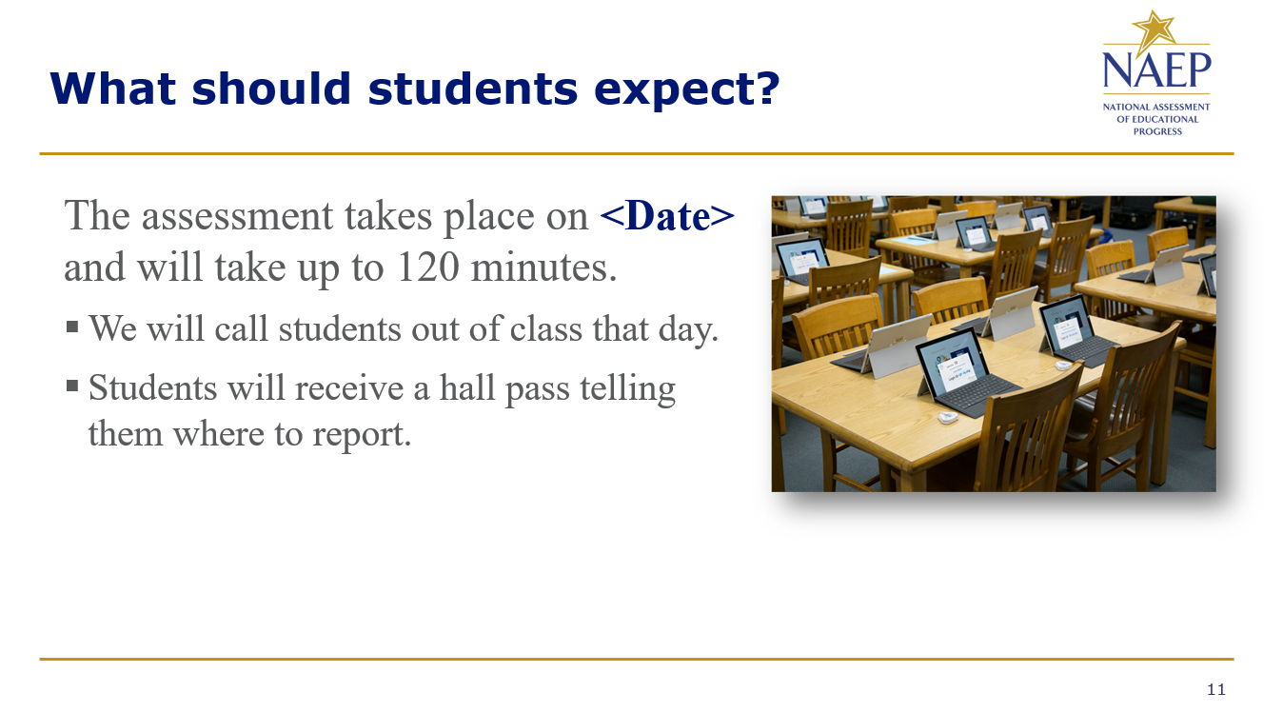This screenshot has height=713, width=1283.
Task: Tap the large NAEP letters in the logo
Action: click(1156, 69)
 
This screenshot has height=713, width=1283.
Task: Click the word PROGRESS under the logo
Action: click(1157, 131)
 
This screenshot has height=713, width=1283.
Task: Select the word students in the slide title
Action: click(472, 89)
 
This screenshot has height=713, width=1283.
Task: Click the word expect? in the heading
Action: click(687, 90)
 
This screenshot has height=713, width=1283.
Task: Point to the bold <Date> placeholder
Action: click(667, 216)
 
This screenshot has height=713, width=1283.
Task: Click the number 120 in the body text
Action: click(428, 267)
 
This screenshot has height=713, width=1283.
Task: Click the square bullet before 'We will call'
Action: click(72, 327)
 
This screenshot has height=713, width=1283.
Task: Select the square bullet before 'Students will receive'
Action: click(72, 386)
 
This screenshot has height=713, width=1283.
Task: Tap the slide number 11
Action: click(1216, 689)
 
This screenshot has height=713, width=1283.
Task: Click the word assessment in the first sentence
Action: click(237, 216)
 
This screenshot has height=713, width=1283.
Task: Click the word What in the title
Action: click(113, 89)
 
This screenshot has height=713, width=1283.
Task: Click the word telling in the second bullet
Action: click(628, 388)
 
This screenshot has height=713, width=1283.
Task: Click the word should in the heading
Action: click(271, 89)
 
